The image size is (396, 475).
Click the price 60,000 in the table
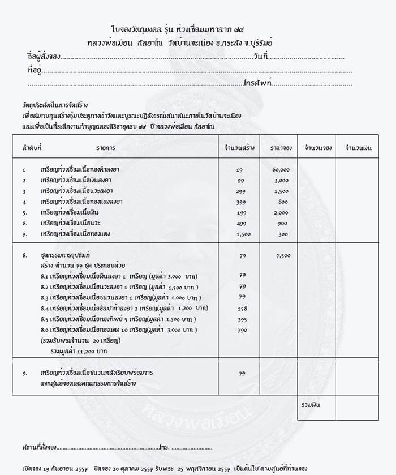click(281, 169)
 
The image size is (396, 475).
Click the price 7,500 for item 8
click(283, 255)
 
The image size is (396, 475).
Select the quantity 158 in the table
click(242, 308)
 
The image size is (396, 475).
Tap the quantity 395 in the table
click(242, 319)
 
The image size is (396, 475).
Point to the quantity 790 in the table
click(242, 329)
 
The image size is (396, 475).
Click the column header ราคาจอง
click(281, 148)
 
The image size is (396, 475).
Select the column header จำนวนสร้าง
click(239, 148)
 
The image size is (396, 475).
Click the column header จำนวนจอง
click(318, 148)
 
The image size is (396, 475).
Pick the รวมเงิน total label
click(310, 405)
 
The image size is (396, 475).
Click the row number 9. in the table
click(25, 373)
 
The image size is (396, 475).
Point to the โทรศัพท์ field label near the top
click(258, 83)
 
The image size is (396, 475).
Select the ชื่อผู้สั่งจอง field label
click(44, 57)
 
